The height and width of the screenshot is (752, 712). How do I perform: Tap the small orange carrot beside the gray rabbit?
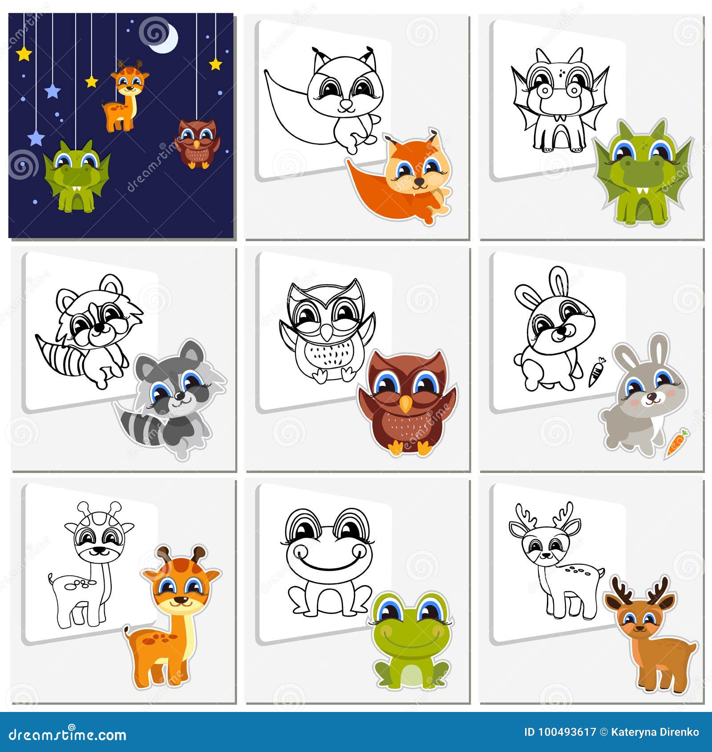[676, 443]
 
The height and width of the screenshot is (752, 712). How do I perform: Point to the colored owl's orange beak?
[405, 404]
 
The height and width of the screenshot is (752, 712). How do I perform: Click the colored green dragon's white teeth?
[643, 192]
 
